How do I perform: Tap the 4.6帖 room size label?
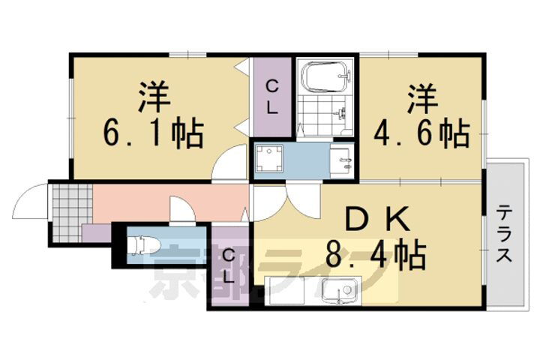click(422, 134)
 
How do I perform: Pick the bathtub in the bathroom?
click(325, 76)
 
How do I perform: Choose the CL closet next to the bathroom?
click(271, 97)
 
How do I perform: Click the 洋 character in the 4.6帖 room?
click(422, 97)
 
